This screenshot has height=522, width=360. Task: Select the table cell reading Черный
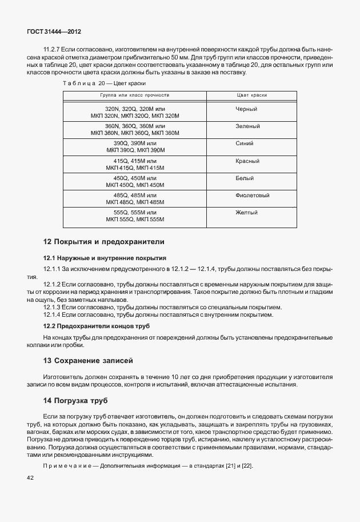click(x=246, y=109)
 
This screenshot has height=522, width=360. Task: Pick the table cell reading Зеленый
click(x=247, y=126)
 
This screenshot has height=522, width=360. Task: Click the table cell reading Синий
click(x=245, y=143)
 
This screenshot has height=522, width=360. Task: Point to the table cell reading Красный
click(x=247, y=161)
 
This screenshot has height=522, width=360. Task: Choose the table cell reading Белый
click(x=245, y=178)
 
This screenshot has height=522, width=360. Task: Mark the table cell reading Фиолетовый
click(x=252, y=196)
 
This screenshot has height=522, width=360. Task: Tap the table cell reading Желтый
click(x=246, y=213)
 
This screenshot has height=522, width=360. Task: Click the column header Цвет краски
click(x=251, y=95)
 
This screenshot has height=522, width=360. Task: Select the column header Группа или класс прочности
click(x=135, y=95)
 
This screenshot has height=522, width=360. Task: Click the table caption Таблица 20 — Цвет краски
click(x=96, y=83)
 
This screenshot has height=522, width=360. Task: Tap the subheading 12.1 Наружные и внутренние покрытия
click(x=105, y=258)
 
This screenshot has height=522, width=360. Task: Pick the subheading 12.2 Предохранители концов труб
click(x=97, y=326)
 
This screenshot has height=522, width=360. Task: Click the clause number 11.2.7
click(x=53, y=50)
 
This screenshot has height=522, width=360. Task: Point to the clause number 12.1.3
click(x=53, y=307)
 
